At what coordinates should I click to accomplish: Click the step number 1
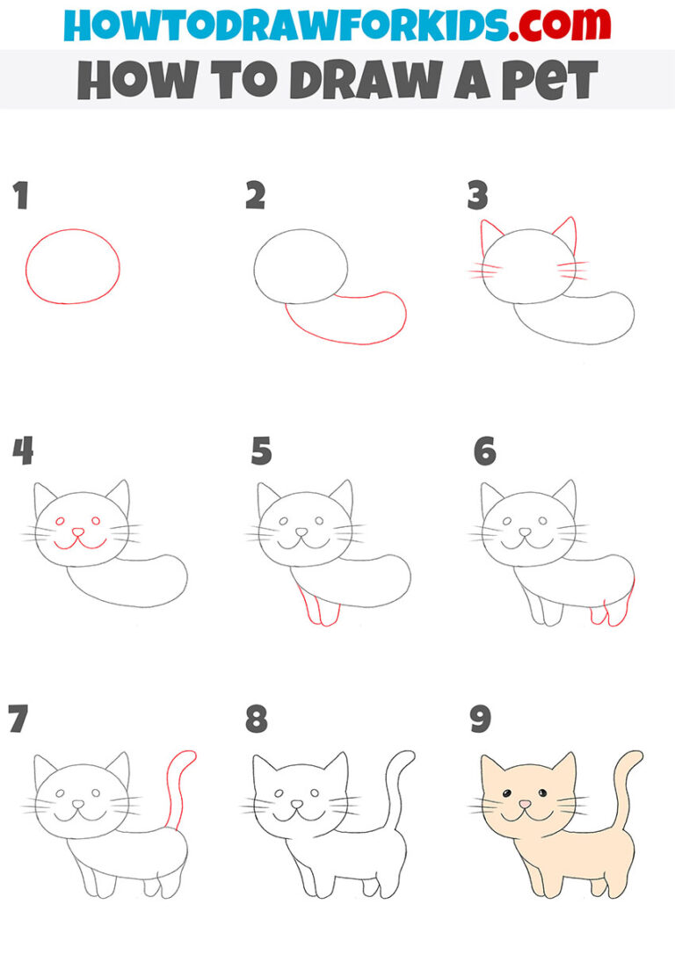pos(20,197)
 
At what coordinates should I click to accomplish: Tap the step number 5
pos(261,452)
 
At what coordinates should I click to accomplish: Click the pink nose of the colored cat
pos(525,804)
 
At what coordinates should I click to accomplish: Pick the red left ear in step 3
pos(490,234)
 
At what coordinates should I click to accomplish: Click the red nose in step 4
pos(78,532)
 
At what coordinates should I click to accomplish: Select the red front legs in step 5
pos(316,610)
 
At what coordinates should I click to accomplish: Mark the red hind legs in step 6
pos(615,611)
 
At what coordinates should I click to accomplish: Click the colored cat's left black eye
pos(507,796)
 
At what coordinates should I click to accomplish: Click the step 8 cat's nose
pos(296,804)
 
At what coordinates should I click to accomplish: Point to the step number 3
pos(477,197)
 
